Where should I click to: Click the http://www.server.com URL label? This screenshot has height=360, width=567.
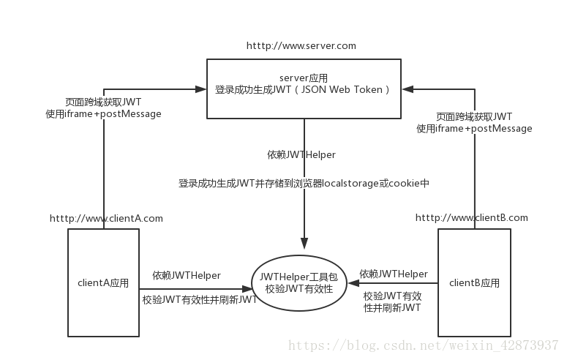click(301, 45)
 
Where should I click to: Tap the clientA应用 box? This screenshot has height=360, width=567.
click(103, 282)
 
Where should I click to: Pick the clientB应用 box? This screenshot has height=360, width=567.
click(474, 282)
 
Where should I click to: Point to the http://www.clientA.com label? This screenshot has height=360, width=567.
click(106, 218)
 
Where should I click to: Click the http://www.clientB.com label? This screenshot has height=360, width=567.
click(471, 218)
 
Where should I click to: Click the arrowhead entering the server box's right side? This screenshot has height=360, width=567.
click(407, 89)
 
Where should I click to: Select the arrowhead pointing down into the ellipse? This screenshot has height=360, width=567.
click(304, 244)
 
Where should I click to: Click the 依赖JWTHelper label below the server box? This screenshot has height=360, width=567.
click(301, 155)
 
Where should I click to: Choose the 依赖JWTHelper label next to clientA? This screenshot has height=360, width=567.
click(187, 275)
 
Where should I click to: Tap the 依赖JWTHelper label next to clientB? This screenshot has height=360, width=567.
click(394, 274)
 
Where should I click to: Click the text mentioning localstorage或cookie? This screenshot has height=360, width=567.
click(303, 183)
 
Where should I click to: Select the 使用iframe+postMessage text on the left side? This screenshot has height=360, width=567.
click(103, 114)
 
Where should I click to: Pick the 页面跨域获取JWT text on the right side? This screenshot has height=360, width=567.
click(474, 116)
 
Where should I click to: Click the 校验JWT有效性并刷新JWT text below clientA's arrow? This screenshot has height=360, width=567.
click(199, 299)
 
